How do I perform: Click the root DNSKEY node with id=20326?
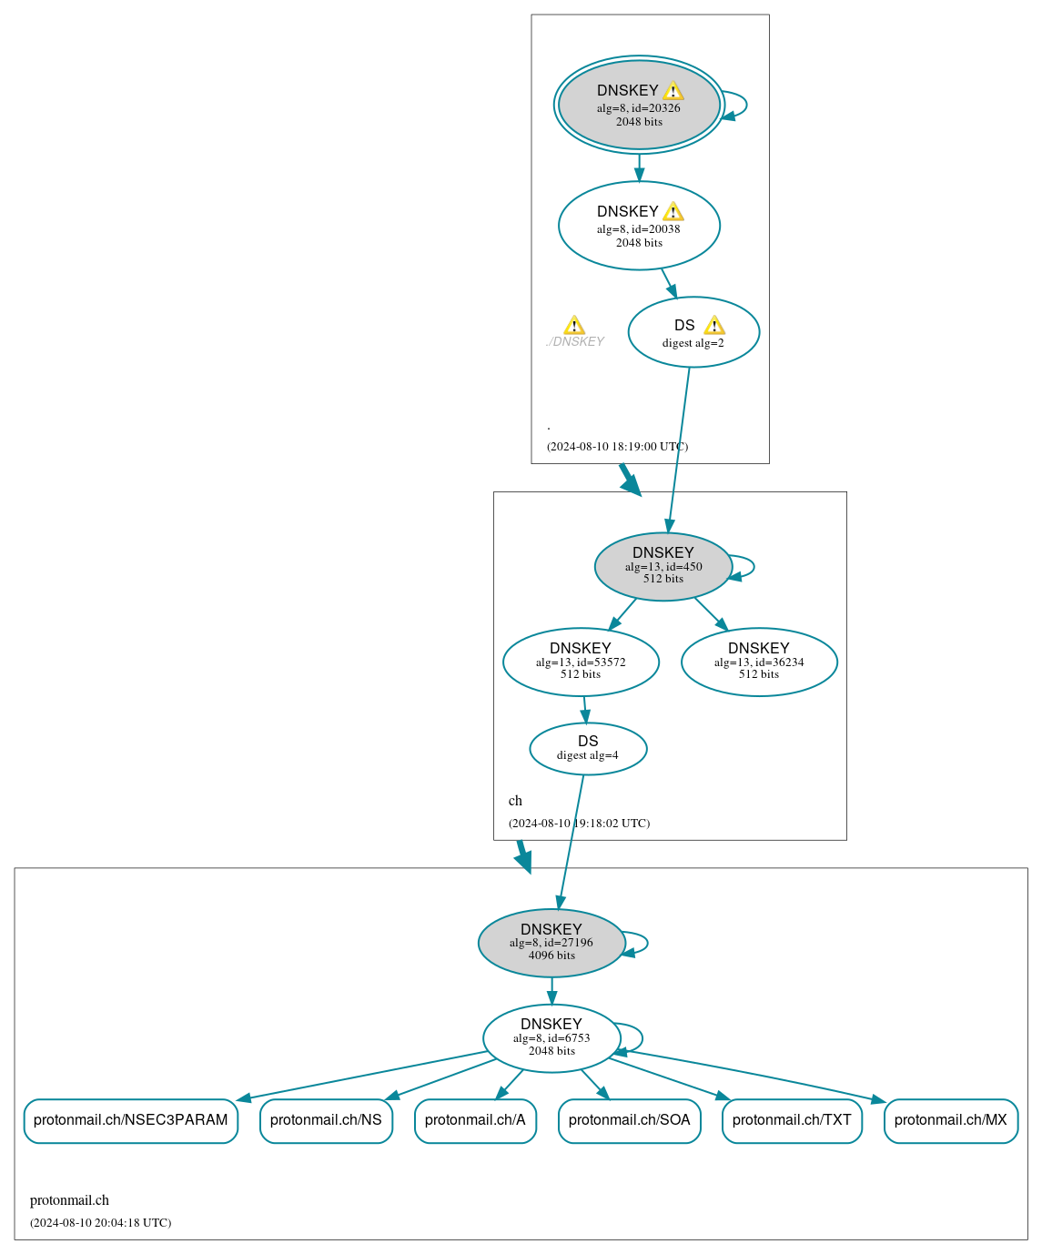[639, 105]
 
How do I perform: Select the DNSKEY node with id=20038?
[639, 226]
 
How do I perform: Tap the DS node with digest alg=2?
[693, 332]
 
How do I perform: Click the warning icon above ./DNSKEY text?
[574, 326]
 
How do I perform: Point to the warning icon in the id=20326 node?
[673, 91]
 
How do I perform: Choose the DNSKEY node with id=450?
[663, 566]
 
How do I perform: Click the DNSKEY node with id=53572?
[581, 662]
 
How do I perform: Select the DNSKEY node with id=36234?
[759, 662]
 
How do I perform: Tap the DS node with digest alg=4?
[588, 749]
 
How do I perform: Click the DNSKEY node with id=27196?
[551, 943]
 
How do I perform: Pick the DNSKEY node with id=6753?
[551, 1038]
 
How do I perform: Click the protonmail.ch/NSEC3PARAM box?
[131, 1120]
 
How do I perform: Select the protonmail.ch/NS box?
[326, 1120]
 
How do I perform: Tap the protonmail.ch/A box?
[475, 1120]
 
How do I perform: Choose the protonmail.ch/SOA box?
[629, 1120]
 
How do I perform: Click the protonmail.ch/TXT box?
[792, 1120]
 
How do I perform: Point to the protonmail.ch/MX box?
[950, 1120]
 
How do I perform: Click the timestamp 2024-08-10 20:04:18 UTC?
[100, 1223]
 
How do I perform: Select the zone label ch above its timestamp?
[515, 801]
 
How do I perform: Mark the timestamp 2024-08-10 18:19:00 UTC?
[617, 447]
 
